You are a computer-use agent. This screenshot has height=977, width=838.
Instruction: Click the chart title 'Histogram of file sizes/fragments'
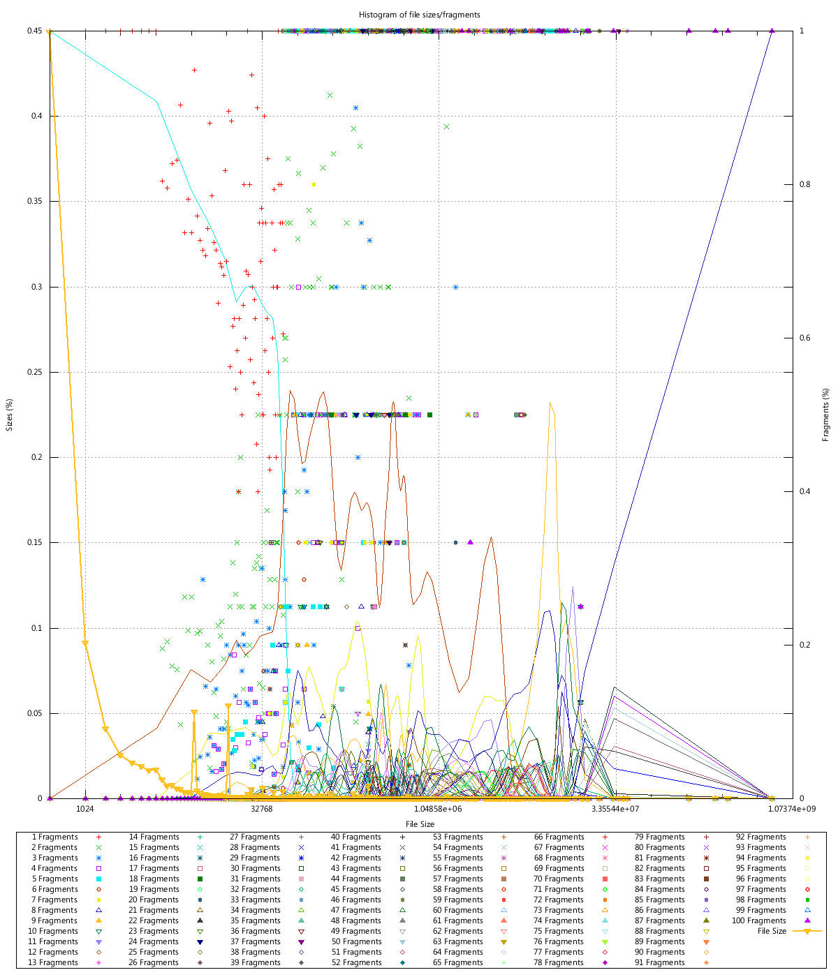pos(419,15)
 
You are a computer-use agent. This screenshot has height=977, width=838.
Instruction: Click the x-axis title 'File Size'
pos(420,824)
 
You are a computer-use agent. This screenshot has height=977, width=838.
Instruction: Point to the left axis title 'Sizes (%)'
pos(10,415)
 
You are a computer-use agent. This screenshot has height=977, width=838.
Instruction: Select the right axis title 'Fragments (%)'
pos(826,415)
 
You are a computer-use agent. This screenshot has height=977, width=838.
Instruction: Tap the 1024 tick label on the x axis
pos(85,809)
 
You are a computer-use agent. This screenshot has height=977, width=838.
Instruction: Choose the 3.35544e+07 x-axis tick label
pos(615,809)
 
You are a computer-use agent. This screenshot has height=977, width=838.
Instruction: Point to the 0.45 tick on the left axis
pos(35,31)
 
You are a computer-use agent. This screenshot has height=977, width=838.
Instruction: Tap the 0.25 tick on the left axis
pos(35,372)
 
